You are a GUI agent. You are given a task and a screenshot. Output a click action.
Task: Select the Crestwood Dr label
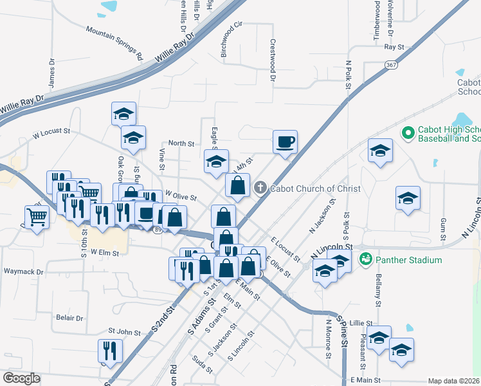(x=273, y=59)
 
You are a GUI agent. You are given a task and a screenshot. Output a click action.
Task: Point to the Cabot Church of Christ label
(x=315, y=188)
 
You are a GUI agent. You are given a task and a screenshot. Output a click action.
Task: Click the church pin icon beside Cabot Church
(x=260, y=188)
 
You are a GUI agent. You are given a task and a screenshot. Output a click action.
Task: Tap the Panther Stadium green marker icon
(x=366, y=260)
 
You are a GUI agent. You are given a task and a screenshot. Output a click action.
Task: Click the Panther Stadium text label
(x=409, y=260)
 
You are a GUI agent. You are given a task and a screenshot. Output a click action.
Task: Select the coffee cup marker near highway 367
(x=285, y=142)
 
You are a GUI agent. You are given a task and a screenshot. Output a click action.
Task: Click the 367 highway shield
(x=392, y=65)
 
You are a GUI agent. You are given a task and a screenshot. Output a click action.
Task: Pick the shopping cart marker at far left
(x=37, y=217)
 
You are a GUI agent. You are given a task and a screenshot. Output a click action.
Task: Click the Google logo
(x=21, y=378)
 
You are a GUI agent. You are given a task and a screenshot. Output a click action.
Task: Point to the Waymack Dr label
(x=23, y=271)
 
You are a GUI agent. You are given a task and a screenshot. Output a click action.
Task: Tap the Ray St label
(x=394, y=47)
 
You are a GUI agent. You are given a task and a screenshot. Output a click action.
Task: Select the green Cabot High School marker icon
(x=407, y=133)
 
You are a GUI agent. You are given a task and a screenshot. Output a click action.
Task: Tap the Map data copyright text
(x=453, y=381)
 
